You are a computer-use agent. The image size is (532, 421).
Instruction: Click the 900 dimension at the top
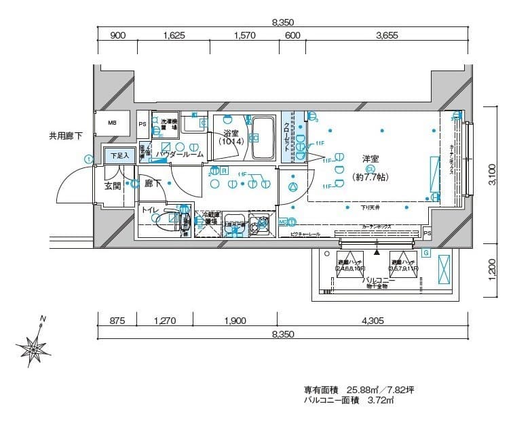[x=117, y=35]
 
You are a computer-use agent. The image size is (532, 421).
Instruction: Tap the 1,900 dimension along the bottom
[x=234, y=321]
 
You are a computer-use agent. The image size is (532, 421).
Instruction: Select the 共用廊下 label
[x=65, y=136]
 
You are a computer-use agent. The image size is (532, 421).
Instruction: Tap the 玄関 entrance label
[x=113, y=185]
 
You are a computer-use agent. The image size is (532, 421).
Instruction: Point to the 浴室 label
[x=231, y=134]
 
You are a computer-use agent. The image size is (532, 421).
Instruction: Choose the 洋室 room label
[x=370, y=159]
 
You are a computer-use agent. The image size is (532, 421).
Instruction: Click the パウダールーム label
[x=179, y=155]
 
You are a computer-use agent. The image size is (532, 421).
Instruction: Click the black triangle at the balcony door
[x=376, y=252]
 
